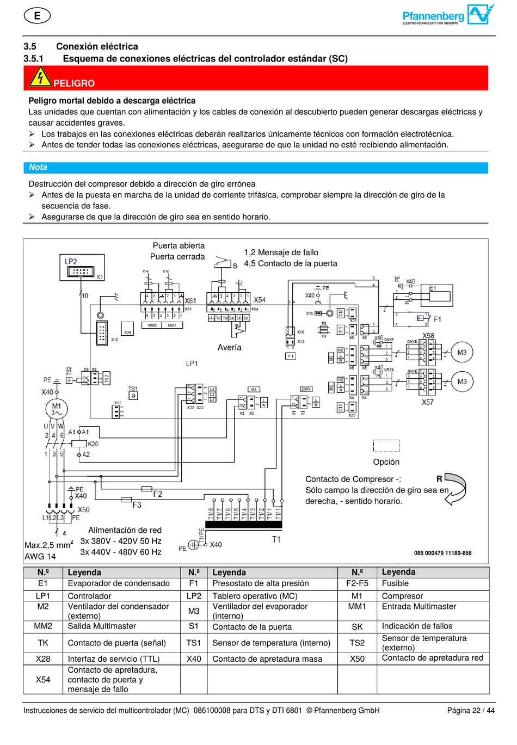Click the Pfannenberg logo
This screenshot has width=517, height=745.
[x=448, y=15]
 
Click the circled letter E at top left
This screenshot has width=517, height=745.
[x=37, y=16]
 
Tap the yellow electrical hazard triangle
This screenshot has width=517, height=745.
[x=40, y=78]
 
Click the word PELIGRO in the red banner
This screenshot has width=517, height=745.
[x=74, y=83]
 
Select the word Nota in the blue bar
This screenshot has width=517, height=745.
[x=38, y=168]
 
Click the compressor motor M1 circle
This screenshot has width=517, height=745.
[x=57, y=408]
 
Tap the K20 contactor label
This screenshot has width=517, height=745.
[x=93, y=444]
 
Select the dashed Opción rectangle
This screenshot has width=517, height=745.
[x=386, y=446]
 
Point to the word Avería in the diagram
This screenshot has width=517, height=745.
[x=229, y=347]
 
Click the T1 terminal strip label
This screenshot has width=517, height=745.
[x=276, y=539]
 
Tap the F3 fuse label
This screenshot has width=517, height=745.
[x=137, y=505]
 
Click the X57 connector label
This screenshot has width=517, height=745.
[x=428, y=402]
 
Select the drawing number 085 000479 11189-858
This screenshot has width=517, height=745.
[x=442, y=553]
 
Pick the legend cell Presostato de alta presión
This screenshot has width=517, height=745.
[x=260, y=583]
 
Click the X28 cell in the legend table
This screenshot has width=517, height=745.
[x=43, y=658]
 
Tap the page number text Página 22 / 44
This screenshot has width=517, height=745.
[x=471, y=710]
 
